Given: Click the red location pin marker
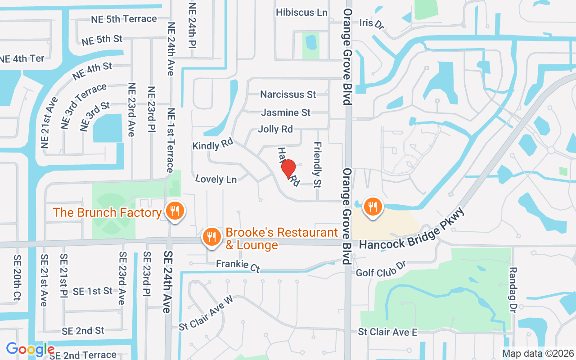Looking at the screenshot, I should pyautogui.click(x=288, y=169).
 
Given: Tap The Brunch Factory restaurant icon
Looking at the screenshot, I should pyautogui.click(x=174, y=210).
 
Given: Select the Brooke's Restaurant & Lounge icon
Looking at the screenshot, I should pyautogui.click(x=211, y=237).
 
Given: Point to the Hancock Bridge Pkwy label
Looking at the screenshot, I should pyautogui.click(x=411, y=232).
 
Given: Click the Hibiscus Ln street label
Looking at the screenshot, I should pyautogui.click(x=301, y=12).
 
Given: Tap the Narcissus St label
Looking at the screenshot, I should pyautogui.click(x=288, y=94).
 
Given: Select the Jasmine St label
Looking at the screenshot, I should pyautogui.click(x=286, y=112).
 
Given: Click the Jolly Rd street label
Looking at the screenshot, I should pyautogui.click(x=275, y=129).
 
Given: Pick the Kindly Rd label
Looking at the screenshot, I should pyautogui.click(x=212, y=145).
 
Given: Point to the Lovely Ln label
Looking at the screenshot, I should pyautogui.click(x=216, y=179).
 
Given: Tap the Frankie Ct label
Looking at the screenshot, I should pyautogui.click(x=238, y=265).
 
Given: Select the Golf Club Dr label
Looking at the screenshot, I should pyautogui.click(x=381, y=269).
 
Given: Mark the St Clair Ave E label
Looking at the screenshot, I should pyautogui.click(x=387, y=332).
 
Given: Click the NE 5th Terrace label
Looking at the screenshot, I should pyautogui.click(x=124, y=19).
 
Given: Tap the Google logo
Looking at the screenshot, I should pyautogui.click(x=30, y=349).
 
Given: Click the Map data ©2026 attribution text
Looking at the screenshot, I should pyautogui.click(x=538, y=353).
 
